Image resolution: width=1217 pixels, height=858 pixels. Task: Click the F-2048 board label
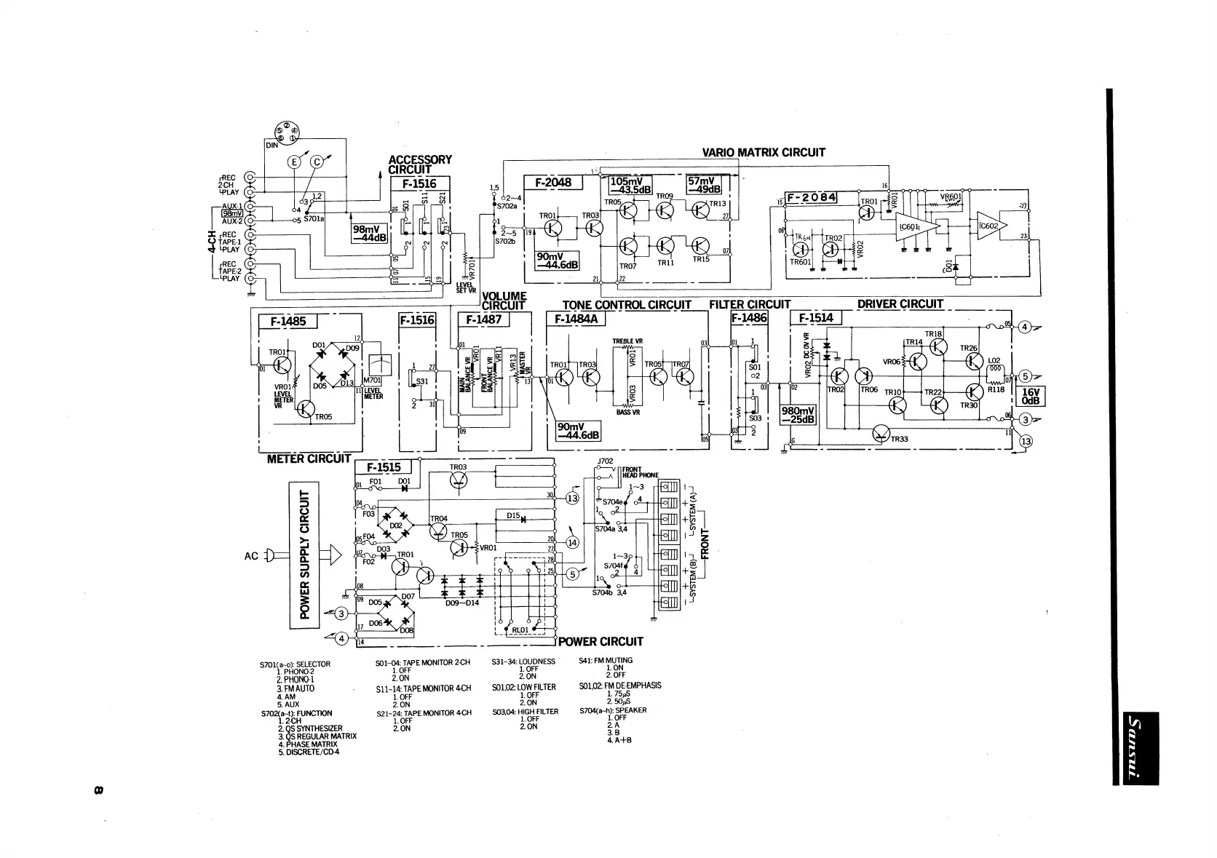point(553,182)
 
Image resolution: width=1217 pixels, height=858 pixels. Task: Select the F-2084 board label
point(812,197)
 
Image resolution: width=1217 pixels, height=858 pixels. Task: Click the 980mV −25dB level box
point(798,416)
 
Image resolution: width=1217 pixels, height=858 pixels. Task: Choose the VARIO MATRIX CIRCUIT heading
point(764,153)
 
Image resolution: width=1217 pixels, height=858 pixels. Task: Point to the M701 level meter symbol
point(381,362)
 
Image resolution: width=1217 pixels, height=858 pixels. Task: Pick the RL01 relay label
point(520,630)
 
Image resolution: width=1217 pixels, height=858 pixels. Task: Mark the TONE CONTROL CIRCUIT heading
point(626,304)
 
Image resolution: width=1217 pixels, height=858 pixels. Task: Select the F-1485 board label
point(288,321)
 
